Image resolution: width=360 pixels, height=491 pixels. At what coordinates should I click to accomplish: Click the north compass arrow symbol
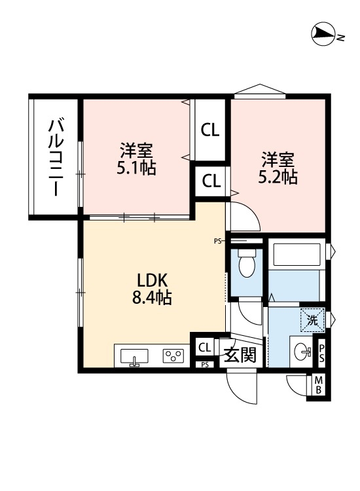(x=323, y=33)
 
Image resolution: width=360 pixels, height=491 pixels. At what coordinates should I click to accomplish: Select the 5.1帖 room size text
(x=136, y=168)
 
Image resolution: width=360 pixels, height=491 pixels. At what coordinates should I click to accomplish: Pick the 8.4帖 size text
(x=152, y=299)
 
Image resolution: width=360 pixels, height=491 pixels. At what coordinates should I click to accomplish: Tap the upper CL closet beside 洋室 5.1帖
(x=210, y=130)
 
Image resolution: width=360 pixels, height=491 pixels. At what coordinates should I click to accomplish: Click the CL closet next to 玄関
(x=204, y=347)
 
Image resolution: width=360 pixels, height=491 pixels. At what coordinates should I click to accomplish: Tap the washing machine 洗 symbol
(x=312, y=321)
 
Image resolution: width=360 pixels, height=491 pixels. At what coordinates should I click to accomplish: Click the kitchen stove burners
(x=173, y=357)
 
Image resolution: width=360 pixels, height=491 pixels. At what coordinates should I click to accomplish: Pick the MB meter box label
(x=319, y=386)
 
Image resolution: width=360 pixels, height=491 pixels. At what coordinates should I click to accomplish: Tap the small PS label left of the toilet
(x=218, y=241)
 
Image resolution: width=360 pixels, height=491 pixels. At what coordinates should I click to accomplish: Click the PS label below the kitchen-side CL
(x=205, y=365)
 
